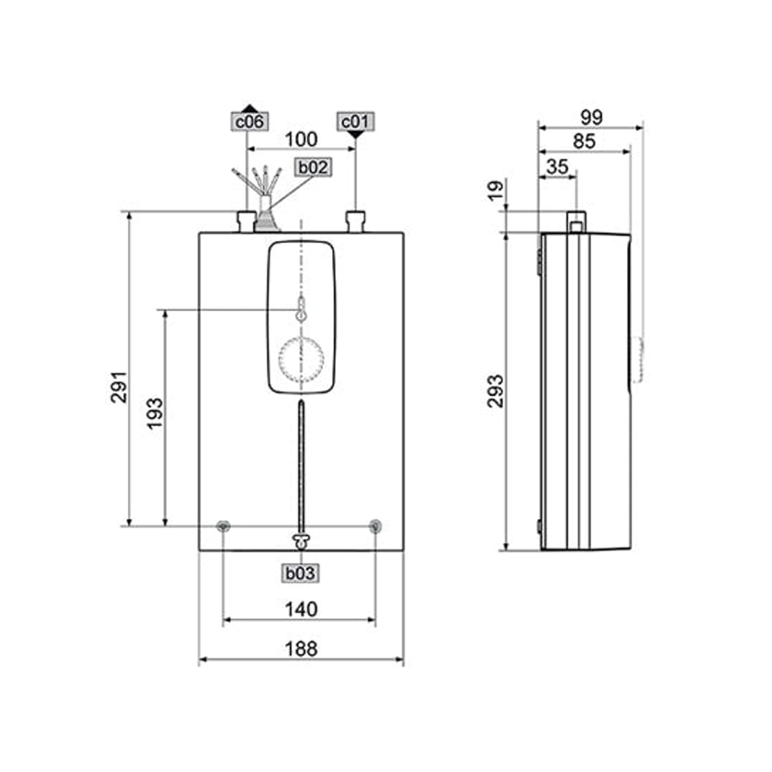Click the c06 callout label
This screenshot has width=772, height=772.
point(249,122)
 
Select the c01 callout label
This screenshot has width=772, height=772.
point(355,122)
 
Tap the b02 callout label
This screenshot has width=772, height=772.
point(313,168)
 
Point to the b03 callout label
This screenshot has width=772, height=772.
point(300,573)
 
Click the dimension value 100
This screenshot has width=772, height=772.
point(301,139)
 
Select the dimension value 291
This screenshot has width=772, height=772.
point(119,388)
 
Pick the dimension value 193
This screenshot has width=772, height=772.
point(154,414)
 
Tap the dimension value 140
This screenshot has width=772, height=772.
point(301,610)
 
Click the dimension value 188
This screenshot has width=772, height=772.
point(301,649)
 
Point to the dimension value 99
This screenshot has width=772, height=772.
point(591,117)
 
